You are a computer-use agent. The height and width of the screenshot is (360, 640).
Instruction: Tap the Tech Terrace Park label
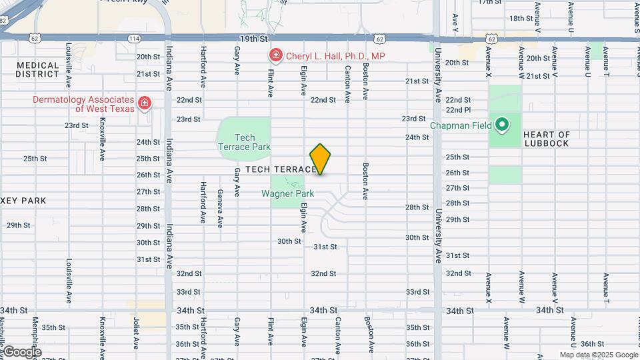tap(244, 142)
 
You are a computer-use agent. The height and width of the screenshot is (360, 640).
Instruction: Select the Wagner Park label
tap(287, 194)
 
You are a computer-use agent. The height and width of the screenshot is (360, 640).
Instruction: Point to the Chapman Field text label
tap(461, 125)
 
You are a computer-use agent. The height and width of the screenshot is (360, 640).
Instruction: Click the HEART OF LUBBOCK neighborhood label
tap(547, 139)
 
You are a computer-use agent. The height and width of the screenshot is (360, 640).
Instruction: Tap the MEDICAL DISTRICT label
tap(38, 69)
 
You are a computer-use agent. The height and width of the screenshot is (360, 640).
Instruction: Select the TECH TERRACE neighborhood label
tap(281, 170)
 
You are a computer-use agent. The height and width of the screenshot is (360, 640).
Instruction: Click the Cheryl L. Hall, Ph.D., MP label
tap(335, 57)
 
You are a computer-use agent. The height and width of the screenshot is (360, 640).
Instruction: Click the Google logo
tap(22, 352)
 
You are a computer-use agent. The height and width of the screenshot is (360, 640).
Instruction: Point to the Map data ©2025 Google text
tap(598, 355)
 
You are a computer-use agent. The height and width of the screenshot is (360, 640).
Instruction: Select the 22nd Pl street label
tap(458, 110)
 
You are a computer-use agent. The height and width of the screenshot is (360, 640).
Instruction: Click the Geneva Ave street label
tap(220, 208)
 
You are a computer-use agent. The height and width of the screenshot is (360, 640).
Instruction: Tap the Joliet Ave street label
tap(135, 333)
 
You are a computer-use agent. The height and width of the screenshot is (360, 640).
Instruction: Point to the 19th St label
tap(253, 39)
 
